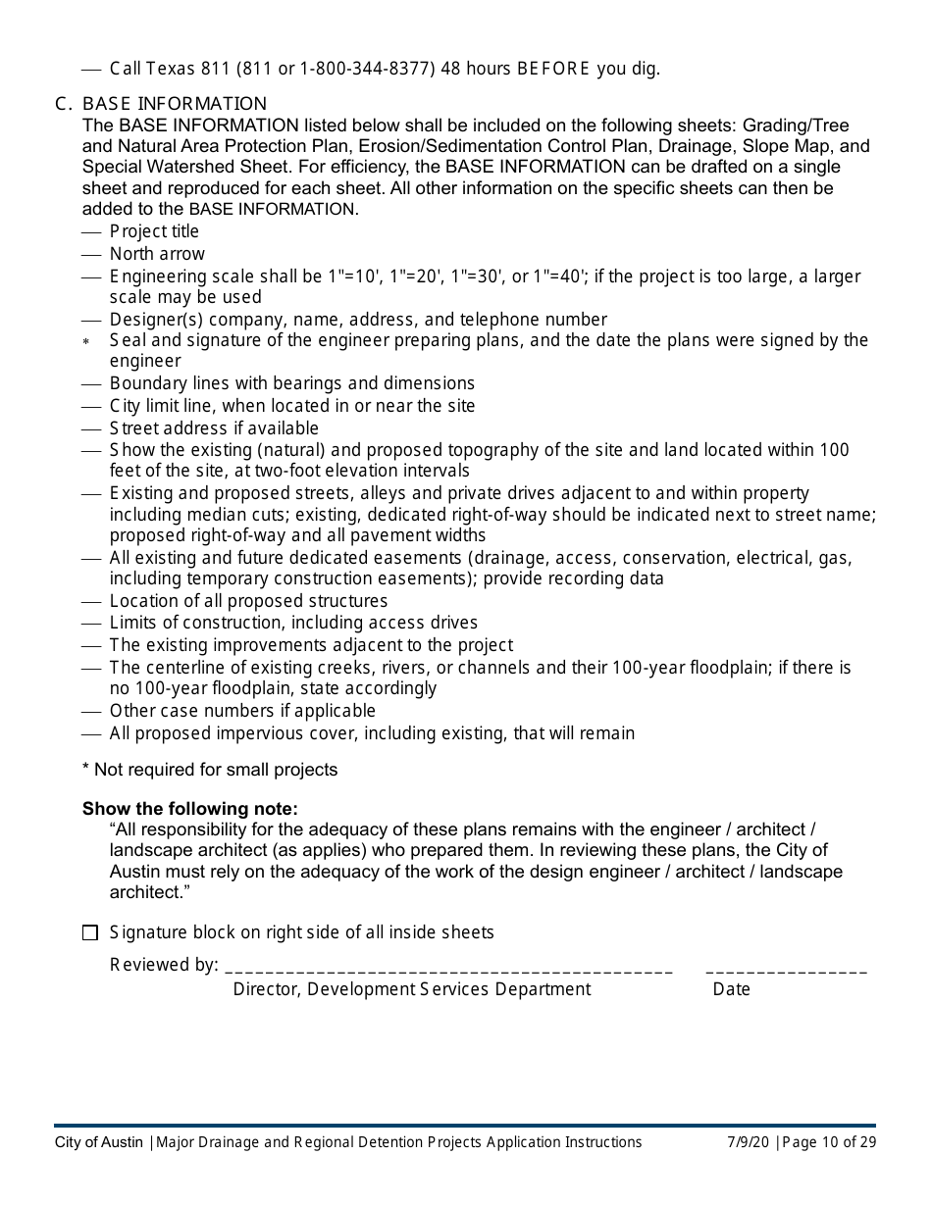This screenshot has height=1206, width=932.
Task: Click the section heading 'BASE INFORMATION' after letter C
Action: [175, 104]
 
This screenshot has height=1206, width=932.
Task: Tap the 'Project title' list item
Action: [154, 231]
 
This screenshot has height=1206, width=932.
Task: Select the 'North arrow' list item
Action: [157, 254]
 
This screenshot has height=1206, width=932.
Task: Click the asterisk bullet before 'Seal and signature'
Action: [86, 342]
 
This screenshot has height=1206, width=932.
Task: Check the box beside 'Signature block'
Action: [90, 933]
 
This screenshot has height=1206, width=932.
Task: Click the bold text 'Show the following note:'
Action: [189, 809]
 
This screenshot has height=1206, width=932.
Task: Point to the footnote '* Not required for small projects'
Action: [210, 770]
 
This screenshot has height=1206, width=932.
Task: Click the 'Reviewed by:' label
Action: [164, 965]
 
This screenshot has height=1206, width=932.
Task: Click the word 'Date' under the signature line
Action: [731, 989]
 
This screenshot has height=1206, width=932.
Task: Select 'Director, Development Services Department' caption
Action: [412, 989]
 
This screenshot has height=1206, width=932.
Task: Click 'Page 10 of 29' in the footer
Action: [829, 1142]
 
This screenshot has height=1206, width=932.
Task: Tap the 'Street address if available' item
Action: [214, 428]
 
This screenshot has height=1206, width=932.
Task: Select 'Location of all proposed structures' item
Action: [248, 601]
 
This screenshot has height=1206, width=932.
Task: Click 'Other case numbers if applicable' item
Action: [242, 711]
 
